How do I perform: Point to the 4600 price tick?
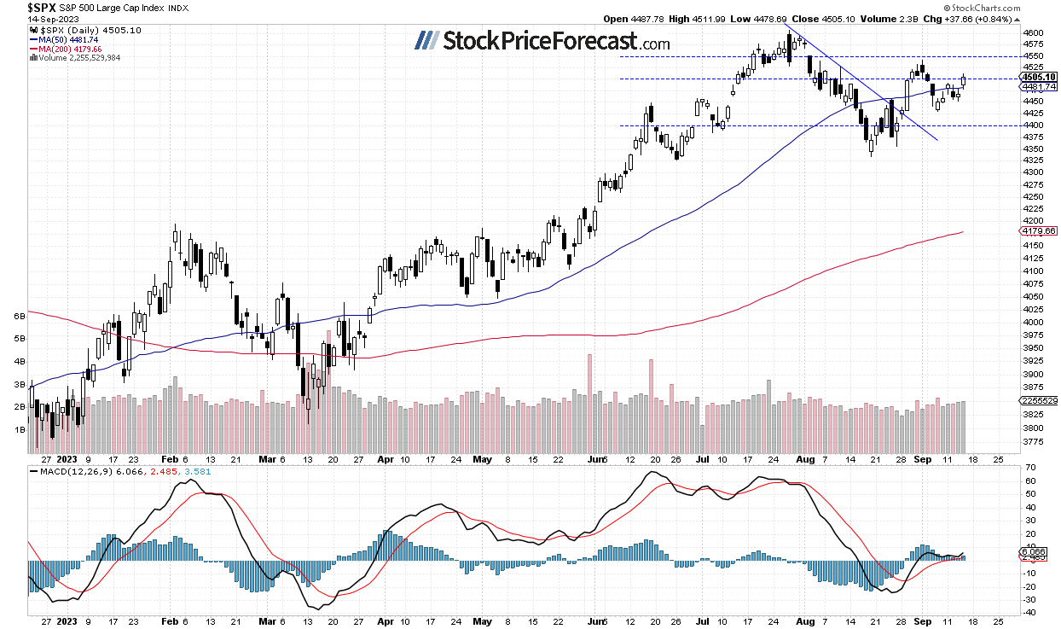pos(1032,32)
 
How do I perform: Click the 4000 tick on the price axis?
pos(1032,323)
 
